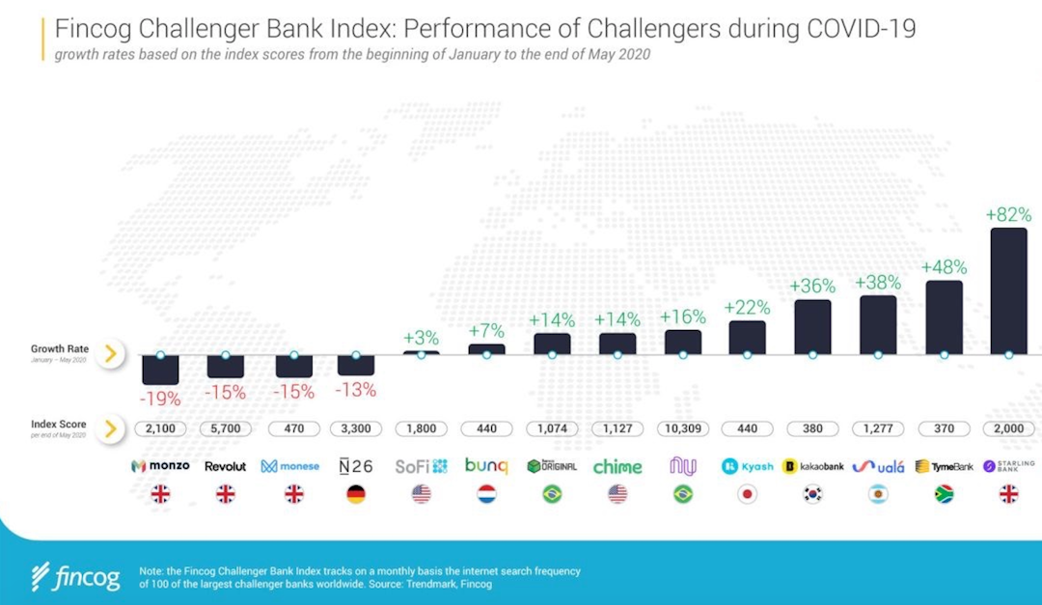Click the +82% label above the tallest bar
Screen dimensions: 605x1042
[x=1009, y=214]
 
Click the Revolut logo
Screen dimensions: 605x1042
[x=226, y=466]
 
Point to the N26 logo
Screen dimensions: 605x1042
[x=356, y=466]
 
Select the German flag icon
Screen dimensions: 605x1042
[x=356, y=495]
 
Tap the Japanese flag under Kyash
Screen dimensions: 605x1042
[x=748, y=495]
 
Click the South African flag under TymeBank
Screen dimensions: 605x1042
[x=944, y=495]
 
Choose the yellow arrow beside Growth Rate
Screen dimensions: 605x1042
[x=111, y=354]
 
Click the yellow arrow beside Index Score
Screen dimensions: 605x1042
[x=111, y=428]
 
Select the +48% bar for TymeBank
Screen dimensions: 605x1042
[x=944, y=317]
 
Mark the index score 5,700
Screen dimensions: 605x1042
[x=226, y=428]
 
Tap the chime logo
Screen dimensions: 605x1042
[x=617, y=466]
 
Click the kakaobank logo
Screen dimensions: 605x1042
[x=813, y=466]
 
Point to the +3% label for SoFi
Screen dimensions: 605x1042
[x=422, y=338]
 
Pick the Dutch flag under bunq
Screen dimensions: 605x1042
[x=486, y=495]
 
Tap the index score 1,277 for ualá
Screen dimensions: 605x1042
[x=878, y=428]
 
